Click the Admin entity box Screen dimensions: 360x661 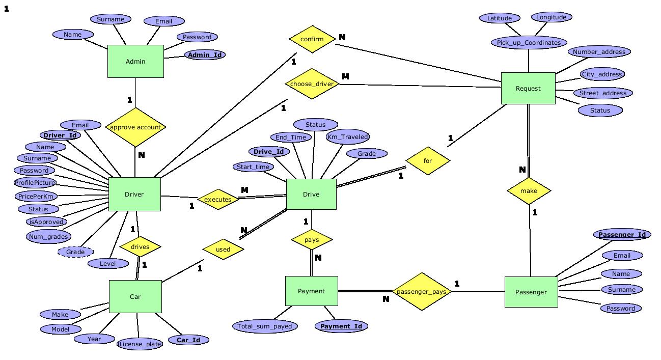click(x=135, y=61)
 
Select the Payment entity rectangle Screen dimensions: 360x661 click(x=311, y=291)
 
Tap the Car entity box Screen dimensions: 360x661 click(x=135, y=296)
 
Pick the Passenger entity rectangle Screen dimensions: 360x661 click(x=531, y=292)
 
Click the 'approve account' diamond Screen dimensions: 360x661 click(x=135, y=127)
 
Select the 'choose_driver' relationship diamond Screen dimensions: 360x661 click(x=312, y=84)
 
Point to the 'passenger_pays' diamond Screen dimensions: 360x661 click(x=421, y=292)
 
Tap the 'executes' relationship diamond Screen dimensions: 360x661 click(x=218, y=199)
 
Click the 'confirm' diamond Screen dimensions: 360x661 click(x=312, y=39)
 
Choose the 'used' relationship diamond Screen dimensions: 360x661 click(x=223, y=250)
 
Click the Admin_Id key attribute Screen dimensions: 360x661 click(x=205, y=54)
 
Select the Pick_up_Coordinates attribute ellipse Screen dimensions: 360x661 click(x=529, y=43)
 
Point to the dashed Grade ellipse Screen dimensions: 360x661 click(x=75, y=252)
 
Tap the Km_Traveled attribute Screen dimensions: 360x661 click(x=348, y=136)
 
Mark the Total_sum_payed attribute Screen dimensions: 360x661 click(x=265, y=326)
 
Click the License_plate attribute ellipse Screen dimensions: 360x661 click(x=140, y=344)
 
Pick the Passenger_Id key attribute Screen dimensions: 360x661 click(x=622, y=235)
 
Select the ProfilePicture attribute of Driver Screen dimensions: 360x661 click(x=35, y=183)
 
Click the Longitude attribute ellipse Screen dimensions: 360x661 click(x=551, y=17)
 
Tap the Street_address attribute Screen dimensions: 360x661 click(x=602, y=93)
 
